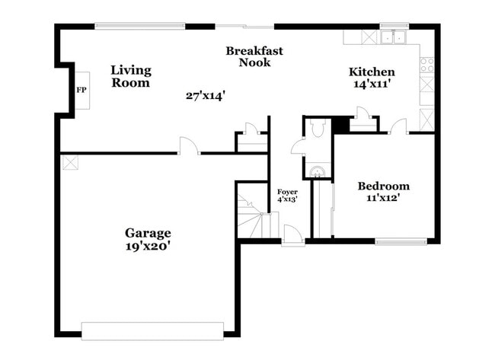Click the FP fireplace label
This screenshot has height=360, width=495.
pyautogui.click(x=81, y=90)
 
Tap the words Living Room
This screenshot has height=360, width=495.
pyautogui.click(x=131, y=76)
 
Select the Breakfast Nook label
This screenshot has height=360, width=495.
pyautogui.click(x=254, y=56)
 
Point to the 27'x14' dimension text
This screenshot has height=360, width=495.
pyautogui.click(x=206, y=96)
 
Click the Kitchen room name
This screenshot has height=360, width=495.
pyautogui.click(x=372, y=72)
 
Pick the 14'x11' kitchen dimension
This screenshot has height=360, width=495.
pyautogui.click(x=372, y=84)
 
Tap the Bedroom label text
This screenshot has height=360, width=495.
pyautogui.click(x=384, y=186)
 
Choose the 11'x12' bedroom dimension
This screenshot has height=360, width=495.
pyautogui.click(x=384, y=198)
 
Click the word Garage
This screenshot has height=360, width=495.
pyautogui.click(x=148, y=233)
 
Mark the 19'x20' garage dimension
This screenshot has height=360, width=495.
pyautogui.click(x=148, y=246)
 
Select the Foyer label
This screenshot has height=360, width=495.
pyautogui.click(x=287, y=192)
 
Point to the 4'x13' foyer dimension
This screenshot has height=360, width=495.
pyautogui.click(x=287, y=199)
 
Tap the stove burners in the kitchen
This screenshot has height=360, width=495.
pyautogui.click(x=426, y=64)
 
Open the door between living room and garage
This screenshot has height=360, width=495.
pyautogui.click(x=189, y=146)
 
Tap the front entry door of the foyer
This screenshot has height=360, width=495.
pyautogui.click(x=292, y=237)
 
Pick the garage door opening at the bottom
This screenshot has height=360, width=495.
pyautogui.click(x=152, y=330)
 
